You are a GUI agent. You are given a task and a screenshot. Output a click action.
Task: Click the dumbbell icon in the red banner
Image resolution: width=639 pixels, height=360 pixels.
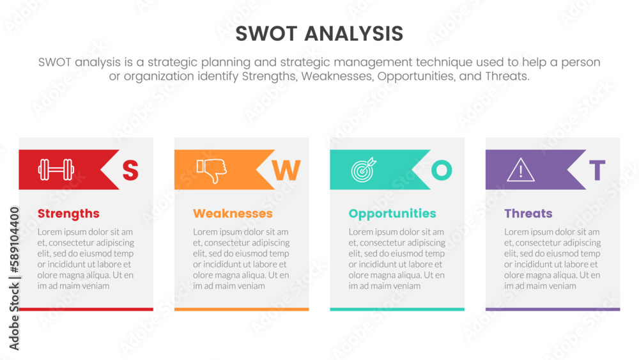[56, 169]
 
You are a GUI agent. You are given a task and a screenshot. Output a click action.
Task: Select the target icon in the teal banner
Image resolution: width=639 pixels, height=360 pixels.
[364, 169]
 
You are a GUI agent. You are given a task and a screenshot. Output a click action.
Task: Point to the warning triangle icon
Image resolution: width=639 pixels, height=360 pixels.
[521, 170]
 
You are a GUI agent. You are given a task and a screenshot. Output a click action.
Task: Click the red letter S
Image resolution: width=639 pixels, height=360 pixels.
[130, 171]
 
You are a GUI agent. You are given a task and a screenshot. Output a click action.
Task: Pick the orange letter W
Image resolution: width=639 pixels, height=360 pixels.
[286, 171]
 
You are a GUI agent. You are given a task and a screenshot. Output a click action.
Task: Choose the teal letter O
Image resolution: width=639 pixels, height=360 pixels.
[441, 170]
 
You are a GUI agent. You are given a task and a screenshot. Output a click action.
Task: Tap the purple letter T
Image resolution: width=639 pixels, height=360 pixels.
[597, 171]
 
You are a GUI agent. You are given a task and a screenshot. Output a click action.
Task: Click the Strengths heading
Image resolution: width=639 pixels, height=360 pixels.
[68, 214]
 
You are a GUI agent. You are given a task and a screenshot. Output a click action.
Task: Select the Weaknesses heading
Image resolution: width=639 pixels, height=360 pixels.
[233, 214]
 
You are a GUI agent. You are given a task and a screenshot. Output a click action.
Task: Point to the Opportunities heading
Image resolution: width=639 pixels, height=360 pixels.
[392, 214]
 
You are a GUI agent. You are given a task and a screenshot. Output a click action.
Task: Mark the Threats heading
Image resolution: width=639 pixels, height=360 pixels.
[528, 214]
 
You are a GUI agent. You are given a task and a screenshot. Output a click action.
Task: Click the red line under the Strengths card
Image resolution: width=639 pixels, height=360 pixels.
[86, 309]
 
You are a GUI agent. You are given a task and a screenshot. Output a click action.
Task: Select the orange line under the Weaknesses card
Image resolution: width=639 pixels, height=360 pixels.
[242, 309]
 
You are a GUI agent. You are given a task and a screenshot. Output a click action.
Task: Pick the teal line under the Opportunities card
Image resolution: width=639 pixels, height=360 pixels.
[397, 309]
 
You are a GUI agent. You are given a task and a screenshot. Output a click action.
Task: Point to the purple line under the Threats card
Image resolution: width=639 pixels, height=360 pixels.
[553, 309]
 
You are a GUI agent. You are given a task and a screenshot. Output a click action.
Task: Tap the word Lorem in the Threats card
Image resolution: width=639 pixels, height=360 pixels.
[516, 232]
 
